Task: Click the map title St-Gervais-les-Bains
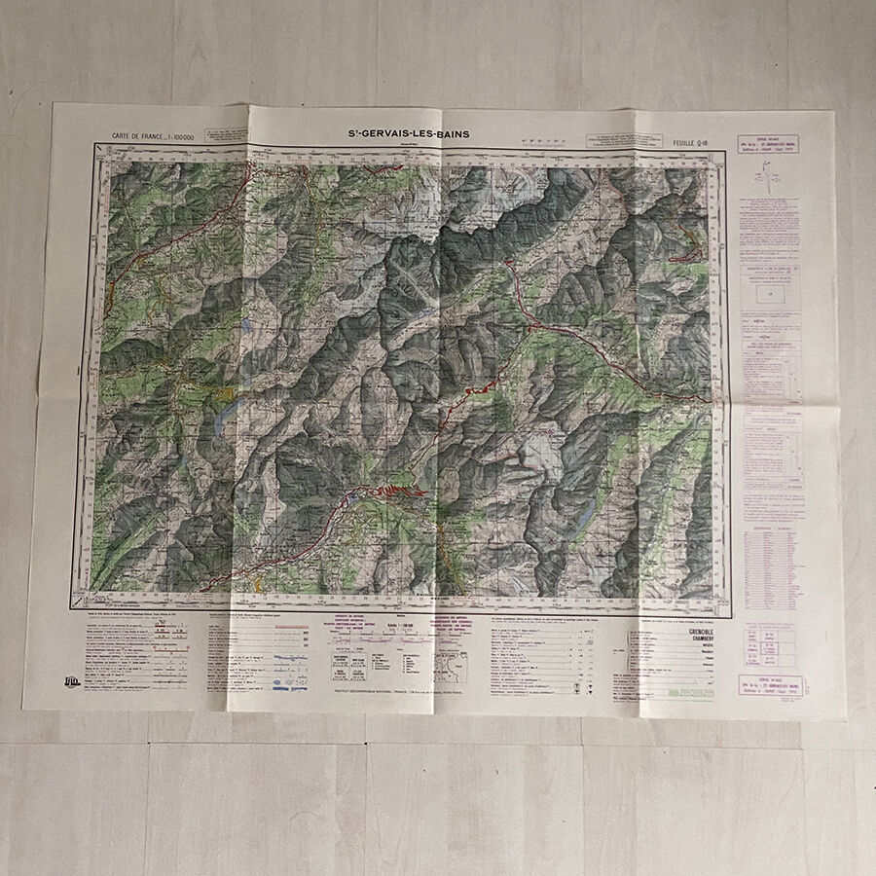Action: point(410,133)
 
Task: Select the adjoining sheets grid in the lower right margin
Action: point(769,642)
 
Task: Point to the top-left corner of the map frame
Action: point(94,144)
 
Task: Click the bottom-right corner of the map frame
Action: point(729,617)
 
